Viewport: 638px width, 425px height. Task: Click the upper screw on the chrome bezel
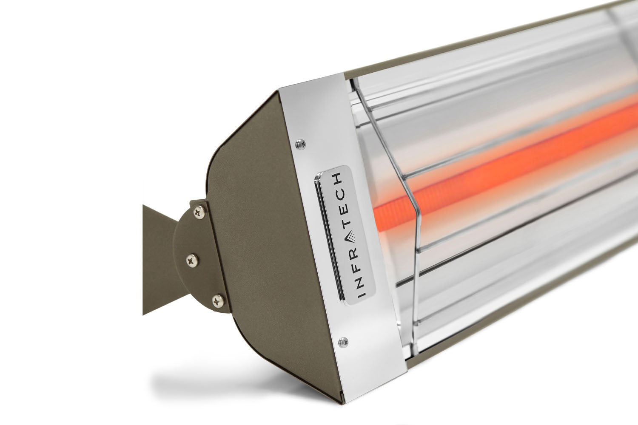pyautogui.click(x=302, y=143)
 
